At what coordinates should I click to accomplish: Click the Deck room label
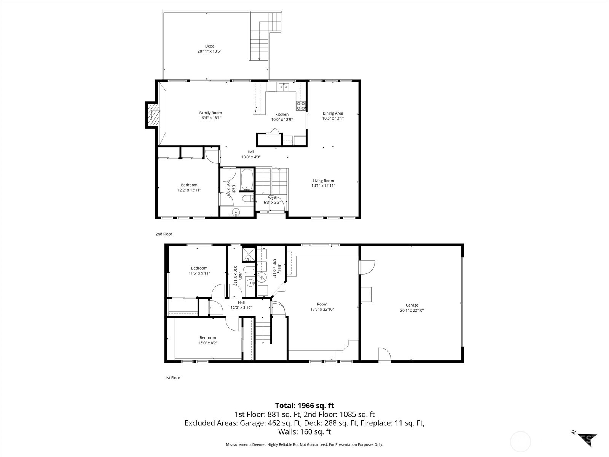pos(209,46)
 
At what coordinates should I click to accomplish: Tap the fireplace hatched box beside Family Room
pos(154,115)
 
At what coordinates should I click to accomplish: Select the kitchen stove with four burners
pos(301,105)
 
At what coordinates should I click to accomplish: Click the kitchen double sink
pos(283,87)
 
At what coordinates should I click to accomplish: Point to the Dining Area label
pos(333,113)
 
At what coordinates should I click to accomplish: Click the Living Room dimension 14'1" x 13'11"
pos(323,186)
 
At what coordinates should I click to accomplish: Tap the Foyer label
pos(272,197)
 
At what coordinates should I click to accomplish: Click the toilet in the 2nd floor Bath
pos(248,198)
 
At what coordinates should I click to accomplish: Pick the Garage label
pos(411,305)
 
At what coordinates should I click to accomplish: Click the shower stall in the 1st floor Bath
pos(249,254)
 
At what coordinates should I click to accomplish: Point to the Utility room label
pos(279,269)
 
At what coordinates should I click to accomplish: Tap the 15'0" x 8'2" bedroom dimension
pos(207,343)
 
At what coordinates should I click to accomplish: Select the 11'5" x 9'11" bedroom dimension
pos(199,273)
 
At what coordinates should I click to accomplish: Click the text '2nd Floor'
pos(164,234)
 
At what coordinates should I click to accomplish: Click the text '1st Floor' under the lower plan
pos(172,378)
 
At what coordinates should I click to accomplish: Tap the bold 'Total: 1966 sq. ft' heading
pos(304,406)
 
